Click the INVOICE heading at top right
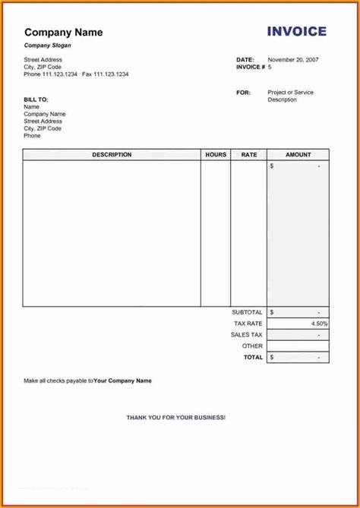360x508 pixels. pyautogui.click(x=296, y=32)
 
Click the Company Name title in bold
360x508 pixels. pyautogui.click(x=63, y=33)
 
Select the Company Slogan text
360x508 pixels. pyautogui.click(x=46, y=46)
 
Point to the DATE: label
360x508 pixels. pyautogui.click(x=245, y=59)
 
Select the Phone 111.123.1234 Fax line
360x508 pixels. pyautogui.click(x=76, y=74)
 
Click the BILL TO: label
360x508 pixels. pyautogui.click(x=36, y=99)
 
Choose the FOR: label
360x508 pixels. pyautogui.click(x=243, y=93)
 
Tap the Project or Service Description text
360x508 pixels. pyautogui.click(x=290, y=96)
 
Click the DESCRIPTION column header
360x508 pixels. pyautogui.click(x=112, y=155)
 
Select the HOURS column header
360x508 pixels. pyautogui.click(x=216, y=155)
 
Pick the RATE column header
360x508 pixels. pyautogui.click(x=249, y=155)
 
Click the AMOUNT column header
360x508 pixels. pyautogui.click(x=298, y=155)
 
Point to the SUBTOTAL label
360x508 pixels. pyautogui.click(x=247, y=312)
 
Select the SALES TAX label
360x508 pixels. pyautogui.click(x=246, y=335)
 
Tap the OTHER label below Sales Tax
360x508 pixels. pyautogui.click(x=252, y=346)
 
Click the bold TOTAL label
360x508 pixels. pyautogui.click(x=253, y=357)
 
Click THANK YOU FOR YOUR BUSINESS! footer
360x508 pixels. pyautogui.click(x=175, y=418)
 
